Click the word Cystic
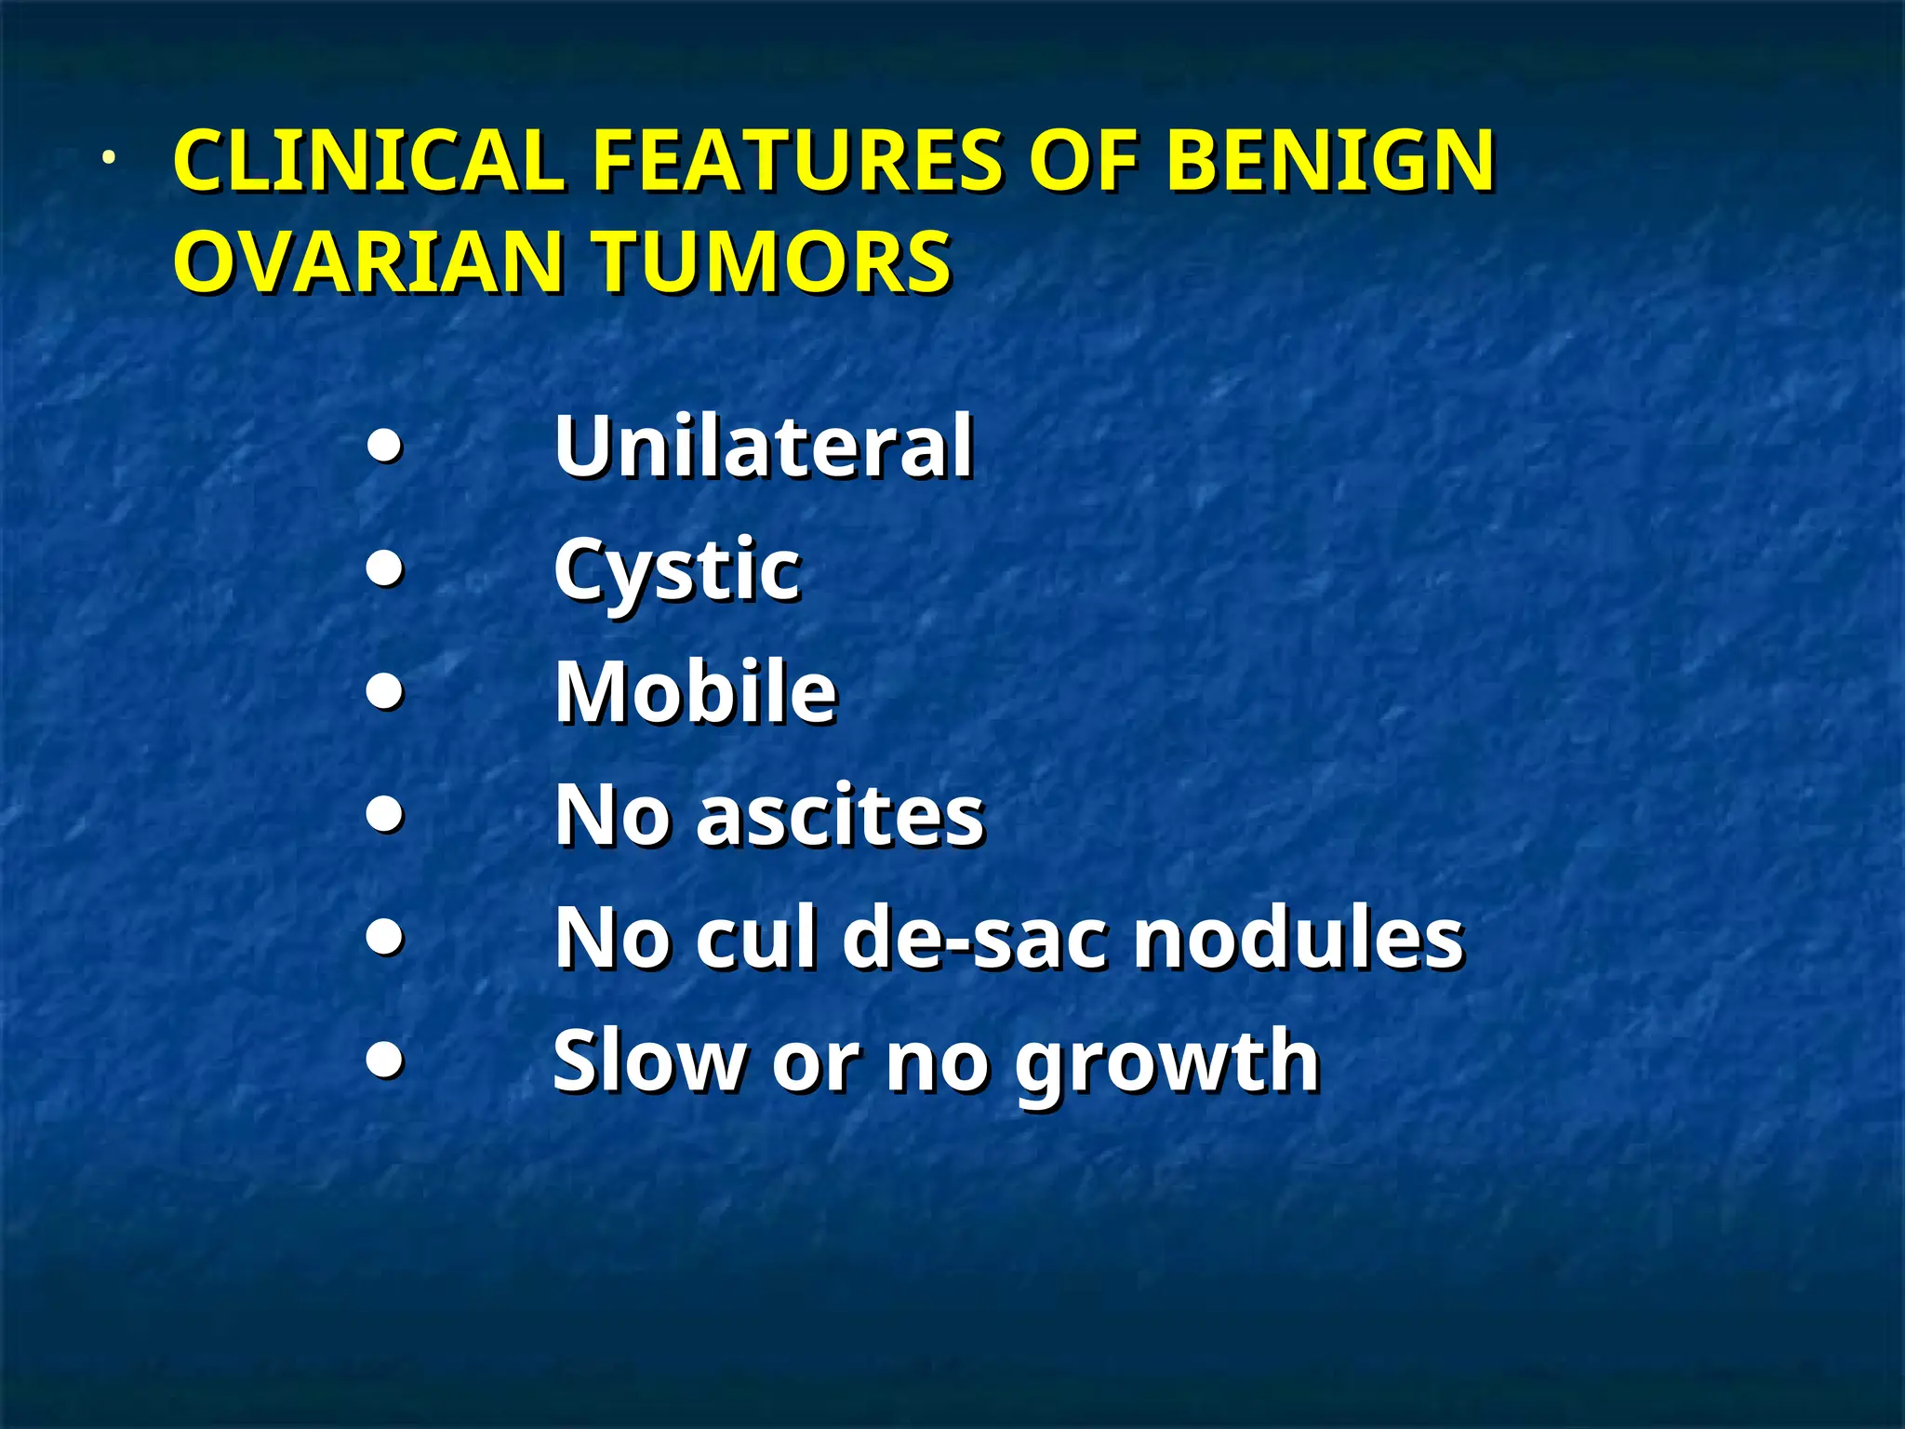tap(676, 570)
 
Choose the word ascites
tap(840, 815)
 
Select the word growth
tap(1167, 1062)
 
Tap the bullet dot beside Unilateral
tap(385, 447)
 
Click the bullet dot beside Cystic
tap(385, 568)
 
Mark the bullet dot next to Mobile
tap(385, 691)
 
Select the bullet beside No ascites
tap(385, 815)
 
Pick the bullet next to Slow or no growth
tap(385, 1059)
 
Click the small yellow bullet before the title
tap(109, 158)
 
